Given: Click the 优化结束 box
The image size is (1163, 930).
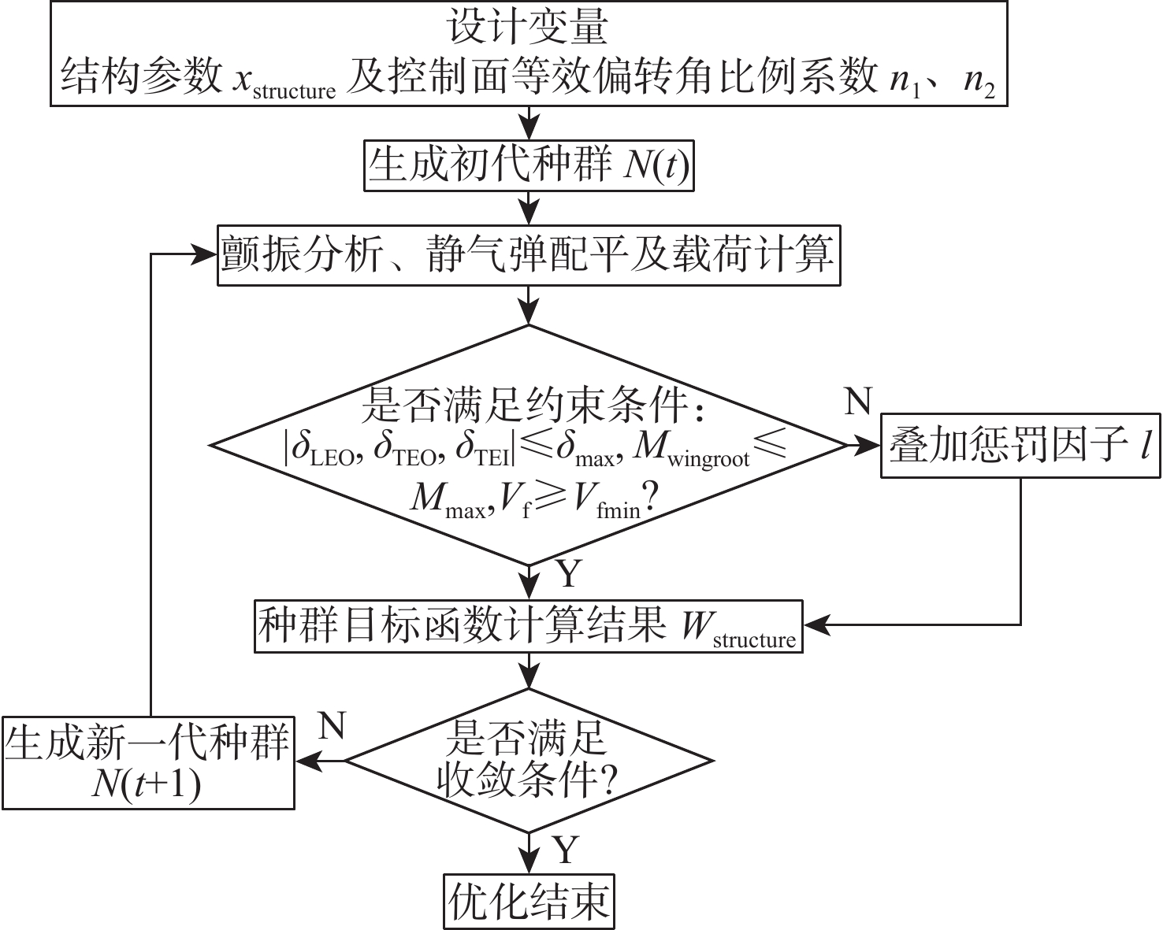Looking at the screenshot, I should pyautogui.click(x=528, y=901).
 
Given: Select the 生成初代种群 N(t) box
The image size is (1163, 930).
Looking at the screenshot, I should pyautogui.click(x=529, y=165).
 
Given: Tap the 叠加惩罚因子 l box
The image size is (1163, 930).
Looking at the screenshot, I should pyautogui.click(x=1020, y=446).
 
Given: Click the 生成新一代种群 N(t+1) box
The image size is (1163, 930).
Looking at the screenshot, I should pyautogui.click(x=147, y=762).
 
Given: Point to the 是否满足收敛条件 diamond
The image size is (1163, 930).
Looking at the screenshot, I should pyautogui.click(x=529, y=761).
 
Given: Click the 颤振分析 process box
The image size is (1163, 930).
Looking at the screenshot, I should pyautogui.click(x=529, y=255).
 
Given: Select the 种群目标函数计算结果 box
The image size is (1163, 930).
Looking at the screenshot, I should pyautogui.click(x=528, y=627).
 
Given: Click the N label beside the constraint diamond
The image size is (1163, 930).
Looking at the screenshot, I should pyautogui.click(x=858, y=402).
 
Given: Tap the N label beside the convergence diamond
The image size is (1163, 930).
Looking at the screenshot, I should pyautogui.click(x=332, y=725).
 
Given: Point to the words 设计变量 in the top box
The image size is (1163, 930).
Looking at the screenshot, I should pyautogui.click(x=528, y=28).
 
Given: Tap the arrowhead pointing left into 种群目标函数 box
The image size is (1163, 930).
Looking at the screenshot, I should pyautogui.click(x=815, y=625).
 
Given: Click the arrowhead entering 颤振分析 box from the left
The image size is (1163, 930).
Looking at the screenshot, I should pyautogui.click(x=206, y=254).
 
